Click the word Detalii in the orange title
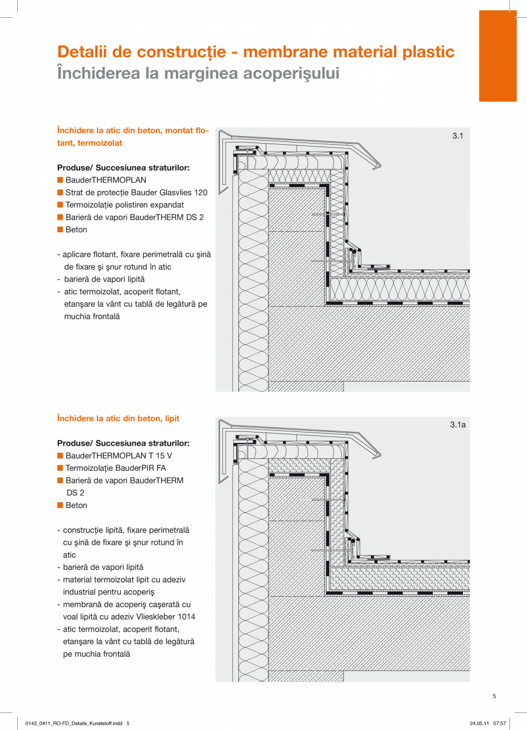click(x=81, y=52)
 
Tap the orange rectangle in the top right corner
click(x=497, y=55)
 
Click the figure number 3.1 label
click(x=457, y=136)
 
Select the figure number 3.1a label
click(x=458, y=424)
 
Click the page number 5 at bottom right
click(x=494, y=696)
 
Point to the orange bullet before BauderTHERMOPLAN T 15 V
click(x=60, y=456)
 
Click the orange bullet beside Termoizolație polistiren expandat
click(x=60, y=205)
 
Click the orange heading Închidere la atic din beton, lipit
click(x=118, y=419)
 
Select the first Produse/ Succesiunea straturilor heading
click(x=123, y=168)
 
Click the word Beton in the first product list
click(x=76, y=229)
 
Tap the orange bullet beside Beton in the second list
click(x=60, y=505)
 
